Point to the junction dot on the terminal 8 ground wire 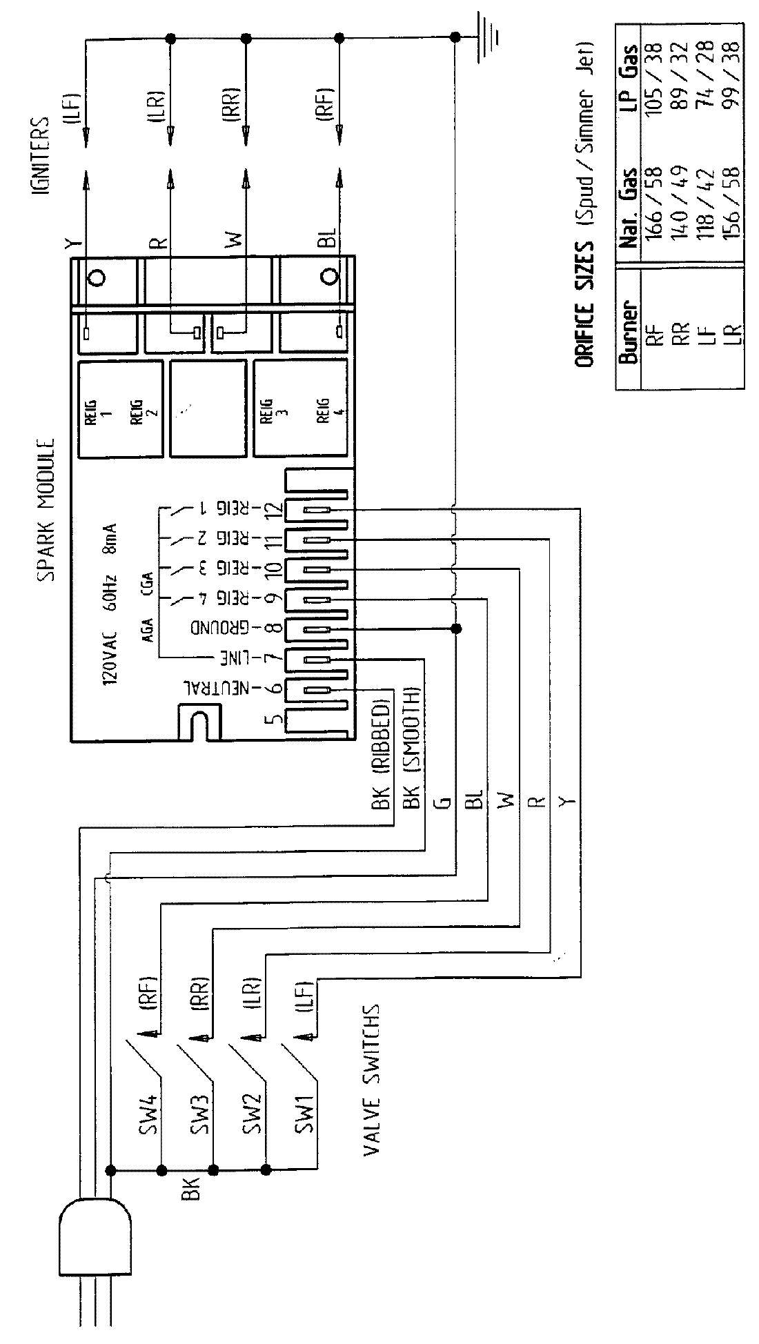pyautogui.click(x=455, y=629)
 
